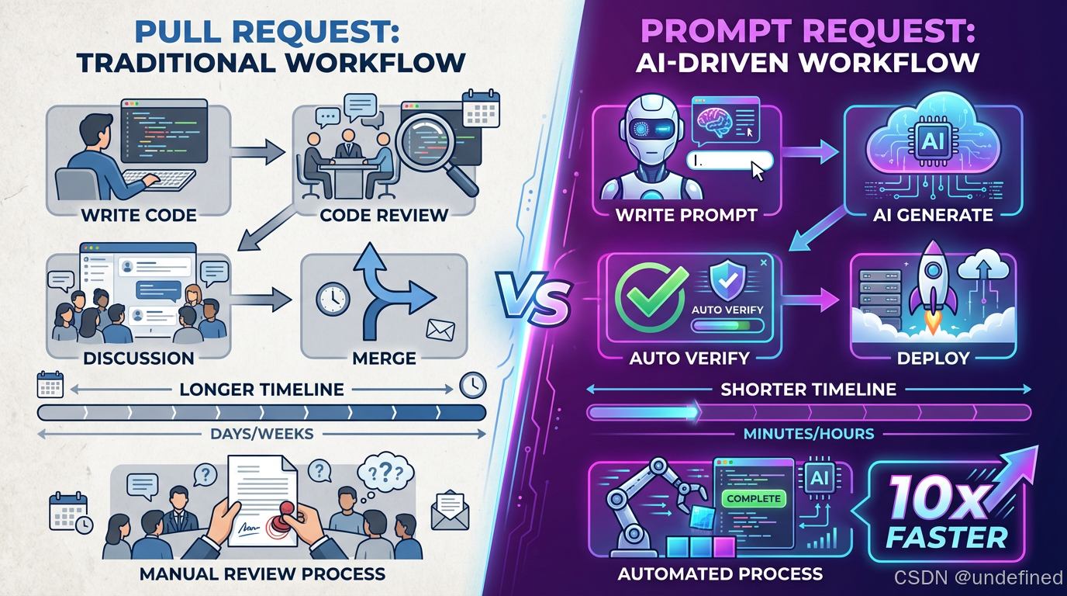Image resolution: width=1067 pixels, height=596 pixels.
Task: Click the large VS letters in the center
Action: point(533,299)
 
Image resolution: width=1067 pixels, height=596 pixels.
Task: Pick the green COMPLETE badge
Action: point(752,499)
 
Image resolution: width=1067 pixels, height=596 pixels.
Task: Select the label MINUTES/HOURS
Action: point(809,434)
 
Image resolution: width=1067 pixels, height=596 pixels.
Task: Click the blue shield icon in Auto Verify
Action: point(728,279)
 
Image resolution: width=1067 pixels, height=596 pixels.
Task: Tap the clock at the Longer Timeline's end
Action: point(472,384)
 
